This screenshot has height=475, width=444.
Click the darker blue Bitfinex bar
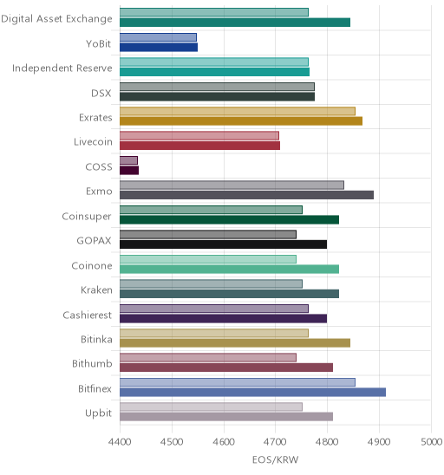[x=252, y=393]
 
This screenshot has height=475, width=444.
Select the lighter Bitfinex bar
[x=238, y=382]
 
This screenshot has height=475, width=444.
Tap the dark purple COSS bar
[x=129, y=170]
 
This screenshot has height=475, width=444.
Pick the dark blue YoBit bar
[x=159, y=48]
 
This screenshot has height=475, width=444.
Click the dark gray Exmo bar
[x=246, y=195]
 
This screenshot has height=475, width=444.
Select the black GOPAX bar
[x=224, y=244]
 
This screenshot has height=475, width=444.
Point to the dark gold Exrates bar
[x=241, y=121]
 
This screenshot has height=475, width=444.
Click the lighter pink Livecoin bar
[x=199, y=135]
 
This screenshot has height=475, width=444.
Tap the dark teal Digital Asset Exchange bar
[x=235, y=23]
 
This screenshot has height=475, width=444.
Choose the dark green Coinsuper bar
[x=230, y=219]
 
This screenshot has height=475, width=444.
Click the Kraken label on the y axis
[x=96, y=290]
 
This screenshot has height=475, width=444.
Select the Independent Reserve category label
[x=62, y=68]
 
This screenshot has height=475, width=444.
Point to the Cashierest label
[x=88, y=315]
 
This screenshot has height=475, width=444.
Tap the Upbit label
[x=99, y=413]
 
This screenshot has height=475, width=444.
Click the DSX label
[x=101, y=93]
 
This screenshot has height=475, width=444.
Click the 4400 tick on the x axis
[x=120, y=442]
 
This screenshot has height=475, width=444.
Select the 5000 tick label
[x=432, y=442]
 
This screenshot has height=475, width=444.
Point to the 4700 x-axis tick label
[x=275, y=442]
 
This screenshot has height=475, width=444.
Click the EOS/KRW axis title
[x=276, y=459]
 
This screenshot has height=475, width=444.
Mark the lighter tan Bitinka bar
[x=214, y=333]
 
